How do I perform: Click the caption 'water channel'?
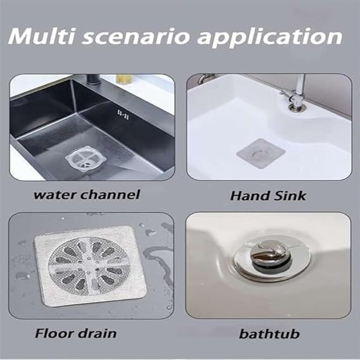[86, 194]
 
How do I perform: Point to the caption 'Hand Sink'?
[268, 196]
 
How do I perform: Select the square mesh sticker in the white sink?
[257, 152]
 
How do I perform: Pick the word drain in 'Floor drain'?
[98, 333]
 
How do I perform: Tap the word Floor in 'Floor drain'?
[54, 333]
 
